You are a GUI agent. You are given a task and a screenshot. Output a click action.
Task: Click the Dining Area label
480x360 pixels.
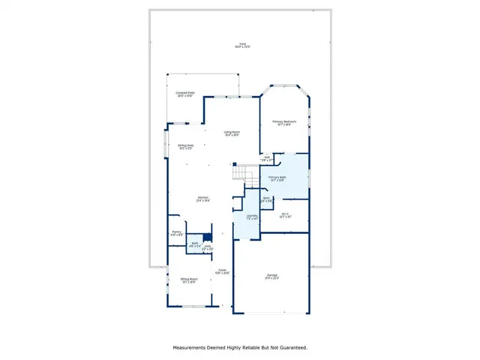pos(186,146)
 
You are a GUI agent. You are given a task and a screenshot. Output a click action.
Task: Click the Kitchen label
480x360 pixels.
pos(202,199)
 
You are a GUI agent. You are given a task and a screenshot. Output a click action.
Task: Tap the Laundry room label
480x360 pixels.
pos(252,217)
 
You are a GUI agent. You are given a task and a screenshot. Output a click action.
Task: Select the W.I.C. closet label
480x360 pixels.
pos(285,215)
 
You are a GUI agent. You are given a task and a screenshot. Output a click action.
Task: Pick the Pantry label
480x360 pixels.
pos(177,233)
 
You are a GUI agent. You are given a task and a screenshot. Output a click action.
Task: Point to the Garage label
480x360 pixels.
pos(271,276)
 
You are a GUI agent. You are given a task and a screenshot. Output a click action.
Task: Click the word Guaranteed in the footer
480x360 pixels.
pos(289,347)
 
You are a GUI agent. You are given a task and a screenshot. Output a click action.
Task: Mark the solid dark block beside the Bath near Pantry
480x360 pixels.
pos(208,236)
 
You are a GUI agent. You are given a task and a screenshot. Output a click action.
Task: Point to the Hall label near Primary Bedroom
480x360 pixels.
pos(266,157)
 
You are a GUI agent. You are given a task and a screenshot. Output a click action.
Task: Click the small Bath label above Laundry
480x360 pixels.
pos(266,199)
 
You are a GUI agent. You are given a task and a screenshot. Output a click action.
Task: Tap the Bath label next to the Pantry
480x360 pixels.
pos(194,244)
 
